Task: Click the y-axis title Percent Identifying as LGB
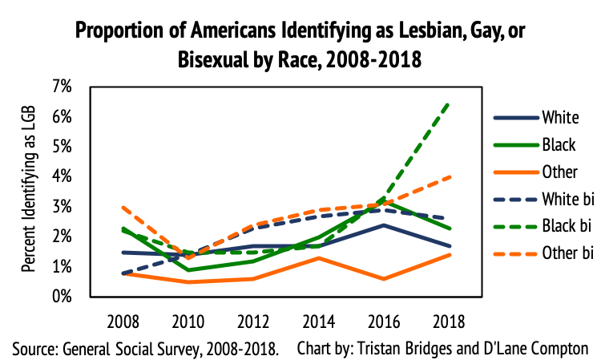tap(28, 192)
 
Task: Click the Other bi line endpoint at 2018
tap(447, 176)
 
